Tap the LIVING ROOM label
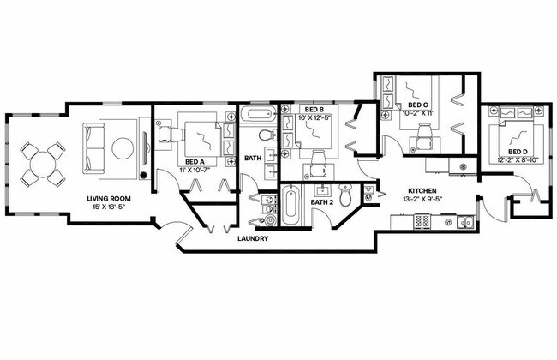108,199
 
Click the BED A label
194,161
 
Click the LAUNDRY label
254,239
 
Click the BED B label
314,109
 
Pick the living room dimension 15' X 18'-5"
108,208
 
